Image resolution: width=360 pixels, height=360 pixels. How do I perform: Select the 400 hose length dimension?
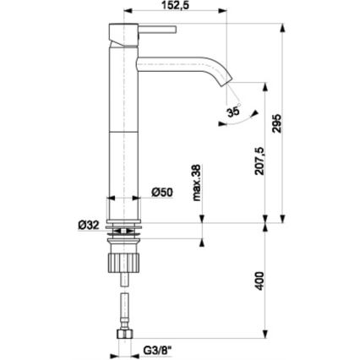tap(260, 279)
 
